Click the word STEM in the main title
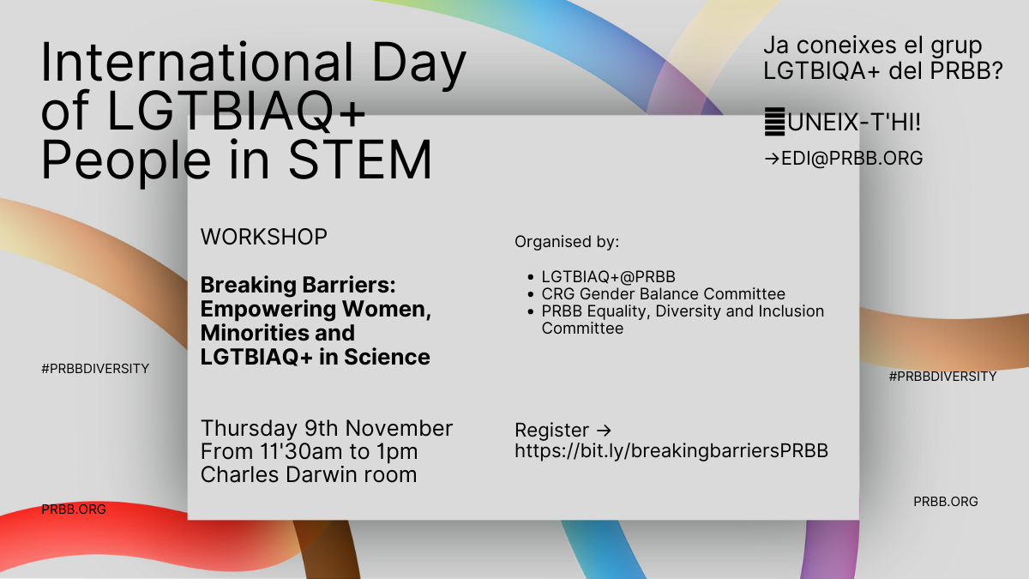point(361,159)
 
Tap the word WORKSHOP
point(264,237)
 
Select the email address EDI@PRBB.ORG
point(852,158)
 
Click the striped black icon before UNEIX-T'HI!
point(774,122)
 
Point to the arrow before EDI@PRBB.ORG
point(772,159)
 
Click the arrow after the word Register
point(604,431)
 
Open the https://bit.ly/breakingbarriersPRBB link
point(671,451)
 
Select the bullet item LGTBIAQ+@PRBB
point(608,276)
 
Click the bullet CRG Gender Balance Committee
point(664,293)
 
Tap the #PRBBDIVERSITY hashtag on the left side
point(95,369)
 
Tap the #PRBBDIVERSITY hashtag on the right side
point(942,377)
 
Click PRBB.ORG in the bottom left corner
point(74,510)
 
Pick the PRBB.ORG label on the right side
point(945,501)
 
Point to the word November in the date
point(399,428)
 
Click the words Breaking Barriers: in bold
point(298,285)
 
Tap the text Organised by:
point(567,242)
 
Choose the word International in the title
point(196,62)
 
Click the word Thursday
point(249,428)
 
